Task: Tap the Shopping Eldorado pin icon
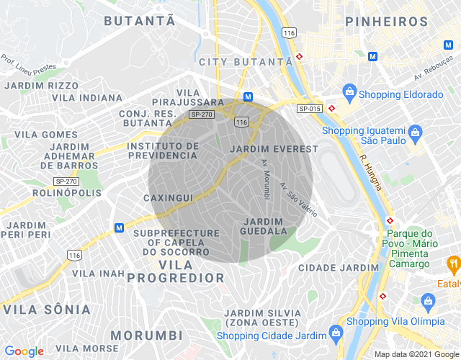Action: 349,92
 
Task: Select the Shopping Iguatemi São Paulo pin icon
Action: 415,132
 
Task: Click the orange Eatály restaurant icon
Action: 453,264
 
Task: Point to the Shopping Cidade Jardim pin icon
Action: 335,333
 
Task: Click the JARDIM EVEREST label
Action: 273,149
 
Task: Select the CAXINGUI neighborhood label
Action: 168,197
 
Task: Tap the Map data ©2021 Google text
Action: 416,354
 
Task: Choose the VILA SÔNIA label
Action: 47,310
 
